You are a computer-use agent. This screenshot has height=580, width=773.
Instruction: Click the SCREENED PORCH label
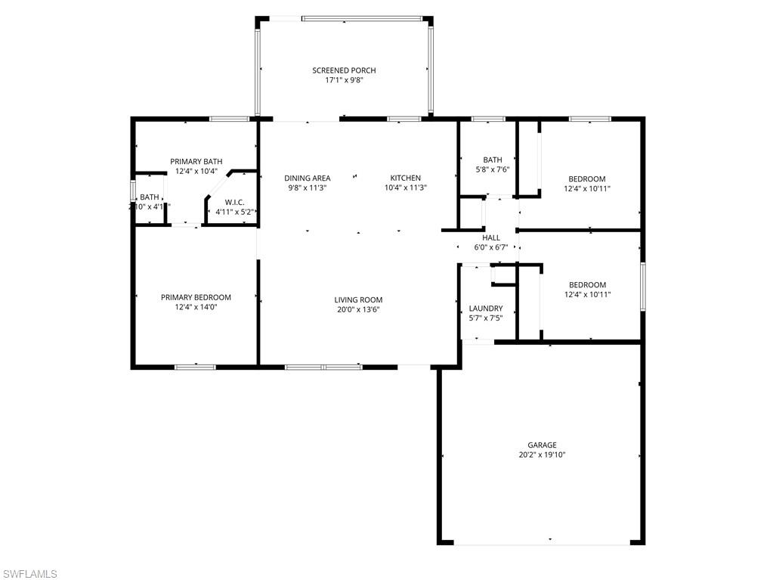[x=344, y=70]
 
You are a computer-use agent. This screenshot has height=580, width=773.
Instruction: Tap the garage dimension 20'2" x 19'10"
[x=542, y=454]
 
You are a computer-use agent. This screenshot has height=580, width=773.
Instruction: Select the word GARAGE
[x=542, y=445]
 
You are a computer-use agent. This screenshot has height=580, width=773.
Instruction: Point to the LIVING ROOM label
[x=358, y=299]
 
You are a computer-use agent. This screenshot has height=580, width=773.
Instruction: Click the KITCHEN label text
[x=405, y=178]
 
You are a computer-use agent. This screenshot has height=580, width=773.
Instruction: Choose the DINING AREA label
[x=308, y=178]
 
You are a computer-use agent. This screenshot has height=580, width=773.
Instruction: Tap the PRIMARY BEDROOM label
[x=196, y=297]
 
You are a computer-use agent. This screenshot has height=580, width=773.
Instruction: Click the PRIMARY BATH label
[x=196, y=161]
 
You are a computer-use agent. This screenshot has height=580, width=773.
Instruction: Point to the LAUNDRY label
[x=486, y=309]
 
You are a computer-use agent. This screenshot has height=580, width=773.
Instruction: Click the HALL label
[x=491, y=237]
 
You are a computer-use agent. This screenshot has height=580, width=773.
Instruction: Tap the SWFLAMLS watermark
[x=30, y=573]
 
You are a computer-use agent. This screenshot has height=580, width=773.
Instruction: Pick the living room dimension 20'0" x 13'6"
[x=358, y=309]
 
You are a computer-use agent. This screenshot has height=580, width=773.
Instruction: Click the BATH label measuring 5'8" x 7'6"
[x=493, y=160]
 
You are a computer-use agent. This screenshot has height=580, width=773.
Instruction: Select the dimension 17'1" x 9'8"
[x=344, y=80]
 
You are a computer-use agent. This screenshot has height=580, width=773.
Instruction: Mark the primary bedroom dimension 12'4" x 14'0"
[x=196, y=307]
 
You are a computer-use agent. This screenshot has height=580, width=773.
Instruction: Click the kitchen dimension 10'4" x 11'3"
[x=406, y=188]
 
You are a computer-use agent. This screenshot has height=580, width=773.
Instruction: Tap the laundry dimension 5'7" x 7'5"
[x=486, y=318]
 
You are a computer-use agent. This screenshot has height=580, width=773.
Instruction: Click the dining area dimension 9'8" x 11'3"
[x=308, y=188]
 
